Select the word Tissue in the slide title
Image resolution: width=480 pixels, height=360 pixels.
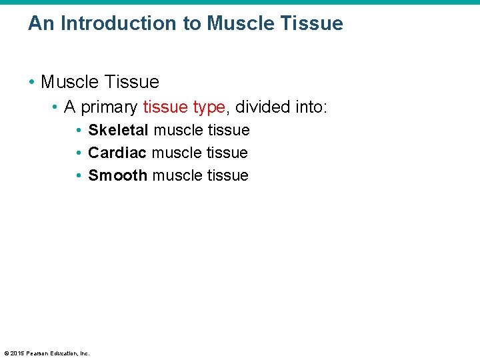click(310, 23)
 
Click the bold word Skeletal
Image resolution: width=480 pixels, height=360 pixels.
click(118, 131)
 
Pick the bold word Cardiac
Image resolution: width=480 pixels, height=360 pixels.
click(117, 153)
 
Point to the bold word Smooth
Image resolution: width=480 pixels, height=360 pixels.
click(117, 176)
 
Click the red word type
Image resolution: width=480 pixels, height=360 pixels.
click(209, 107)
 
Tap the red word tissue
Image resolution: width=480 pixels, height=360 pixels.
click(165, 107)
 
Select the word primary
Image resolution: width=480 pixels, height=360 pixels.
click(109, 107)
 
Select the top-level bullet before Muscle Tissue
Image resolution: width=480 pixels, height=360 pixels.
click(32, 83)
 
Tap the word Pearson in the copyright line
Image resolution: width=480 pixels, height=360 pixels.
click(39, 353)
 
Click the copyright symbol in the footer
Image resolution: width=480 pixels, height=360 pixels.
click(6, 353)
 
